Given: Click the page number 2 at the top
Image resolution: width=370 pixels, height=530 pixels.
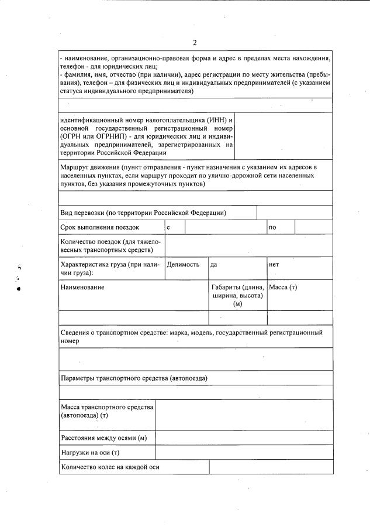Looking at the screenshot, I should pyautogui.click(x=195, y=42).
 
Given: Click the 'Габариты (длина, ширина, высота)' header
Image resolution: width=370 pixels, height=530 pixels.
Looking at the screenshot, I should pyautogui.click(x=237, y=295).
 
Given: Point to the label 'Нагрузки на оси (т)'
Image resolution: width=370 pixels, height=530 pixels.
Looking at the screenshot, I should pyautogui.click(x=90, y=453).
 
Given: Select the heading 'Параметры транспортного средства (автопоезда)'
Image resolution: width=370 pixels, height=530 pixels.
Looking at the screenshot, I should pyautogui.click(x=134, y=378).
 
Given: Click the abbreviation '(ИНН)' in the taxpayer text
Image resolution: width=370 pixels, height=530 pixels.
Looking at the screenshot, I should pyautogui.click(x=214, y=120).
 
